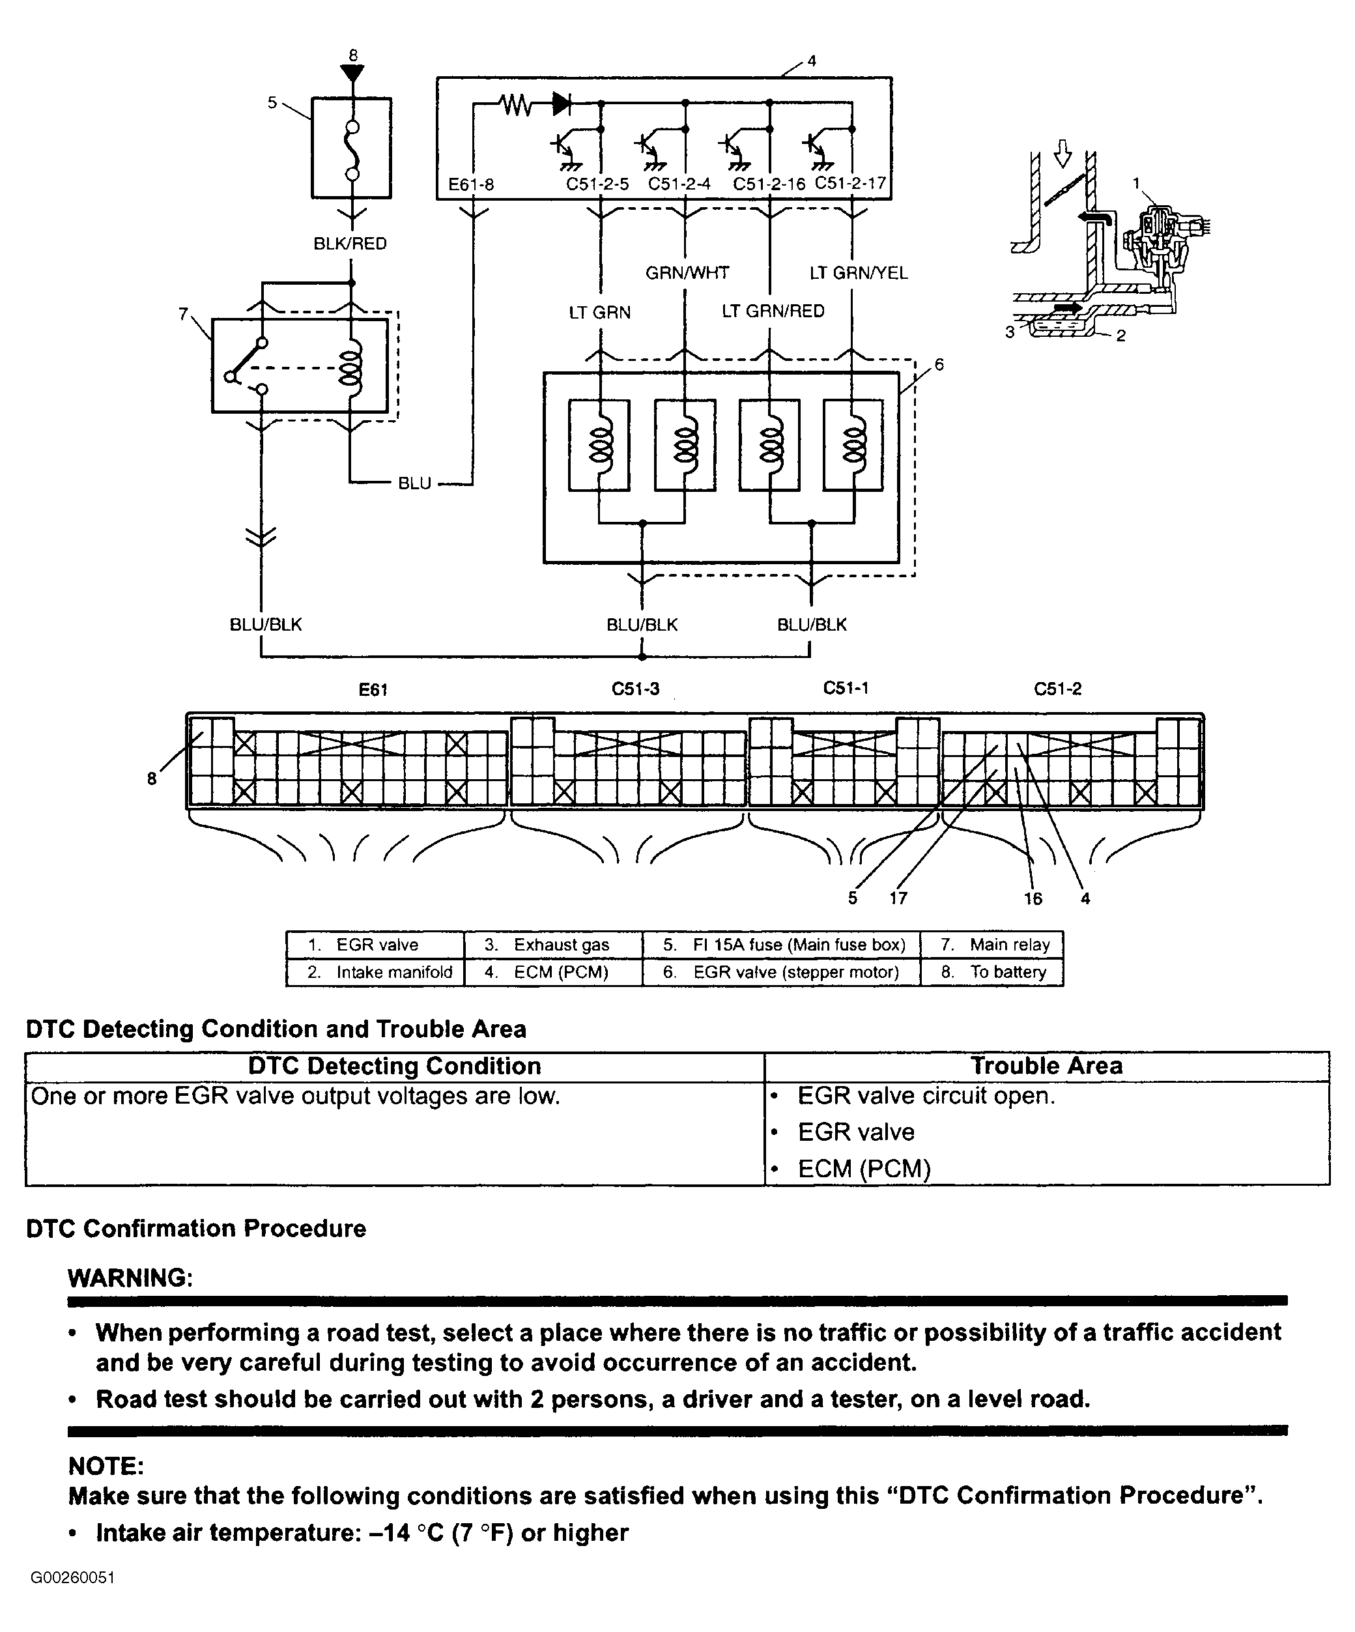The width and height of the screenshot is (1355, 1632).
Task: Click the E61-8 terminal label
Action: click(x=471, y=185)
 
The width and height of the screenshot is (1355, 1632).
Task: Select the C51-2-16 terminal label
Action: click(x=769, y=185)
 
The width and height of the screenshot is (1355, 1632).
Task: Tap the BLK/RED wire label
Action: click(x=350, y=244)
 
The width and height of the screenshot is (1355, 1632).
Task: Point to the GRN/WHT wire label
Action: click(x=687, y=273)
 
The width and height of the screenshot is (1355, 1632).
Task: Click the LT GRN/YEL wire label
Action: click(x=859, y=273)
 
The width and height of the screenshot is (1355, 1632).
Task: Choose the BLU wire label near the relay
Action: click(x=414, y=483)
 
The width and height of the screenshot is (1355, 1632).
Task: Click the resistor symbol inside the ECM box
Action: click(x=516, y=104)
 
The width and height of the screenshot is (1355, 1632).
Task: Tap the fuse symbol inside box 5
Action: click(x=352, y=150)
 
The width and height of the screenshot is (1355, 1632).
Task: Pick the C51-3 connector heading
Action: click(x=636, y=689)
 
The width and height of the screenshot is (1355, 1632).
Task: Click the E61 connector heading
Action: click(x=373, y=689)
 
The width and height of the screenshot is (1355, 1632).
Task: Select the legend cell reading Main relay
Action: click(x=992, y=945)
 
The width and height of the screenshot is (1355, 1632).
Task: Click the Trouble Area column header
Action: click(x=1047, y=1065)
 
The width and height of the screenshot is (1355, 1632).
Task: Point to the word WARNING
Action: click(x=130, y=1278)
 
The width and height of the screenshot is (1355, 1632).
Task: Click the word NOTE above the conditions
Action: click(x=106, y=1467)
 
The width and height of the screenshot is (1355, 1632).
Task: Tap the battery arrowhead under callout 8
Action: click(x=352, y=73)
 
